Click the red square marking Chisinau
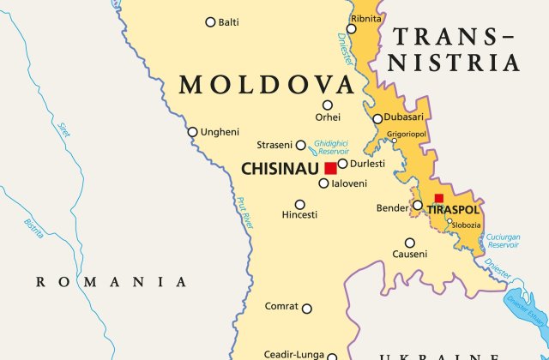click(330, 168)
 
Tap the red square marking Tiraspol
click(438, 198)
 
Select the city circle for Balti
click(210, 22)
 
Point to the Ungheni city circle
click(193, 132)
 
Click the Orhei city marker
click(328, 105)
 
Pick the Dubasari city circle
click(377, 119)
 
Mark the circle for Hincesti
click(299, 204)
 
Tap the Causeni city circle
click(410, 243)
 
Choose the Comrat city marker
click(307, 309)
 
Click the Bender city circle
click(417, 206)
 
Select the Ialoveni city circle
click(323, 183)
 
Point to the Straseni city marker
click(300, 146)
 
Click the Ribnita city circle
click(351, 29)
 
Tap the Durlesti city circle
click(342, 164)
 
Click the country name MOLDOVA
click(266, 85)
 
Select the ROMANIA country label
click(111, 281)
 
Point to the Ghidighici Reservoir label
click(330, 147)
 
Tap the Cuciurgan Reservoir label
click(504, 241)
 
